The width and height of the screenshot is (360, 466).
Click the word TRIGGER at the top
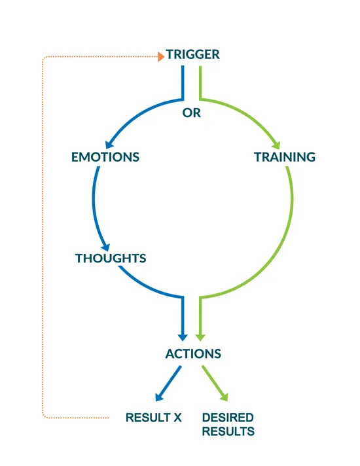coord(192,54)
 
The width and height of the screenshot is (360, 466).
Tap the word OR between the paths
coord(191,113)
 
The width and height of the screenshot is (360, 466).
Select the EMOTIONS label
coord(105,157)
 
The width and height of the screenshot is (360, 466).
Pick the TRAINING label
coord(285,157)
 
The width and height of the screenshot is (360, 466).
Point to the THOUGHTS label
coord(111,259)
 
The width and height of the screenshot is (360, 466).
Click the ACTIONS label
coord(193,353)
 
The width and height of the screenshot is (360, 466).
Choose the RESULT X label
coord(153,418)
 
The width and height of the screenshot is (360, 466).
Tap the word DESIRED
coord(228,418)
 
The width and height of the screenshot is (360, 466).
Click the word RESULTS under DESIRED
coord(228,431)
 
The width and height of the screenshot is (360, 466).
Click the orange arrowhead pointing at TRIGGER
coord(161,56)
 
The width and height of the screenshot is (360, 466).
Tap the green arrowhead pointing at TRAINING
coord(276,145)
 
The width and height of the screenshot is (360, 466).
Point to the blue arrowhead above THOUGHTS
coord(106,247)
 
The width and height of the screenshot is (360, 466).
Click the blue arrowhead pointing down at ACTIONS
coord(183,338)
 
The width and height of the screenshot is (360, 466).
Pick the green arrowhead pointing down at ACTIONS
coord(200,338)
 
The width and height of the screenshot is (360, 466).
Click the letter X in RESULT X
coord(177,418)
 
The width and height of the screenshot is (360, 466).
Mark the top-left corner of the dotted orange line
coord(43,57)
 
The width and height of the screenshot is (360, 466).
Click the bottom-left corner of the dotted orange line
coord(43,417)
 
